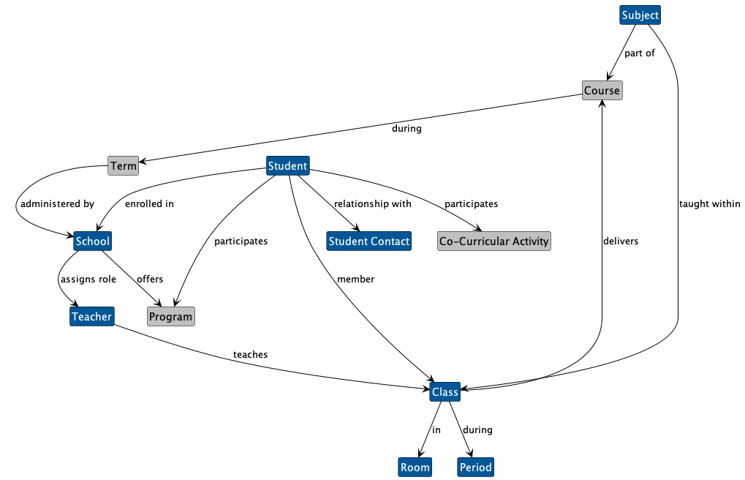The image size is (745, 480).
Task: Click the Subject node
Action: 640,15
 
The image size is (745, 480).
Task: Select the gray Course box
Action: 602,91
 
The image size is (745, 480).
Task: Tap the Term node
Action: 123,166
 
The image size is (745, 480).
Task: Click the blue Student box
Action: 287,166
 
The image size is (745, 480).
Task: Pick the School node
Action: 92,241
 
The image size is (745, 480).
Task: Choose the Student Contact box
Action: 369,241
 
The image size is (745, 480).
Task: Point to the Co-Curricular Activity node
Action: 493,241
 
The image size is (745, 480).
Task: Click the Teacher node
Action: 91,317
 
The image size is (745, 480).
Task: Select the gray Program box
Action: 170,317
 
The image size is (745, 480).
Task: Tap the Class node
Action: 445,392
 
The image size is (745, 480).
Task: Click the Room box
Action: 415,467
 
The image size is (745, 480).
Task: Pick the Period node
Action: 475,467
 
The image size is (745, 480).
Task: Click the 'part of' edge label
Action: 639,53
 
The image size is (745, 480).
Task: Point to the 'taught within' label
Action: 709,204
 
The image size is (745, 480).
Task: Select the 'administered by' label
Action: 57,204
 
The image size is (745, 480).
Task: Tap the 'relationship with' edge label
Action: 372,204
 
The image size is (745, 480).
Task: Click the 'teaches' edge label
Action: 250,355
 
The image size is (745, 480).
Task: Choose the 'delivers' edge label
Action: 621,241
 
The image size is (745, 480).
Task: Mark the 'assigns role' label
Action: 87,280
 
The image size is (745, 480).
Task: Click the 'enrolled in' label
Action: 149,204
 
